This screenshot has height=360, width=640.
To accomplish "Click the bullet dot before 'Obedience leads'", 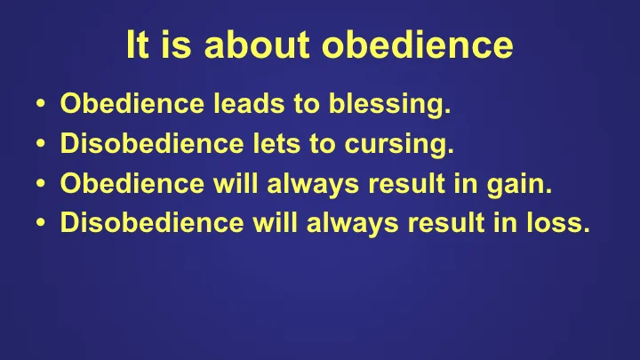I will point(42,108).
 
